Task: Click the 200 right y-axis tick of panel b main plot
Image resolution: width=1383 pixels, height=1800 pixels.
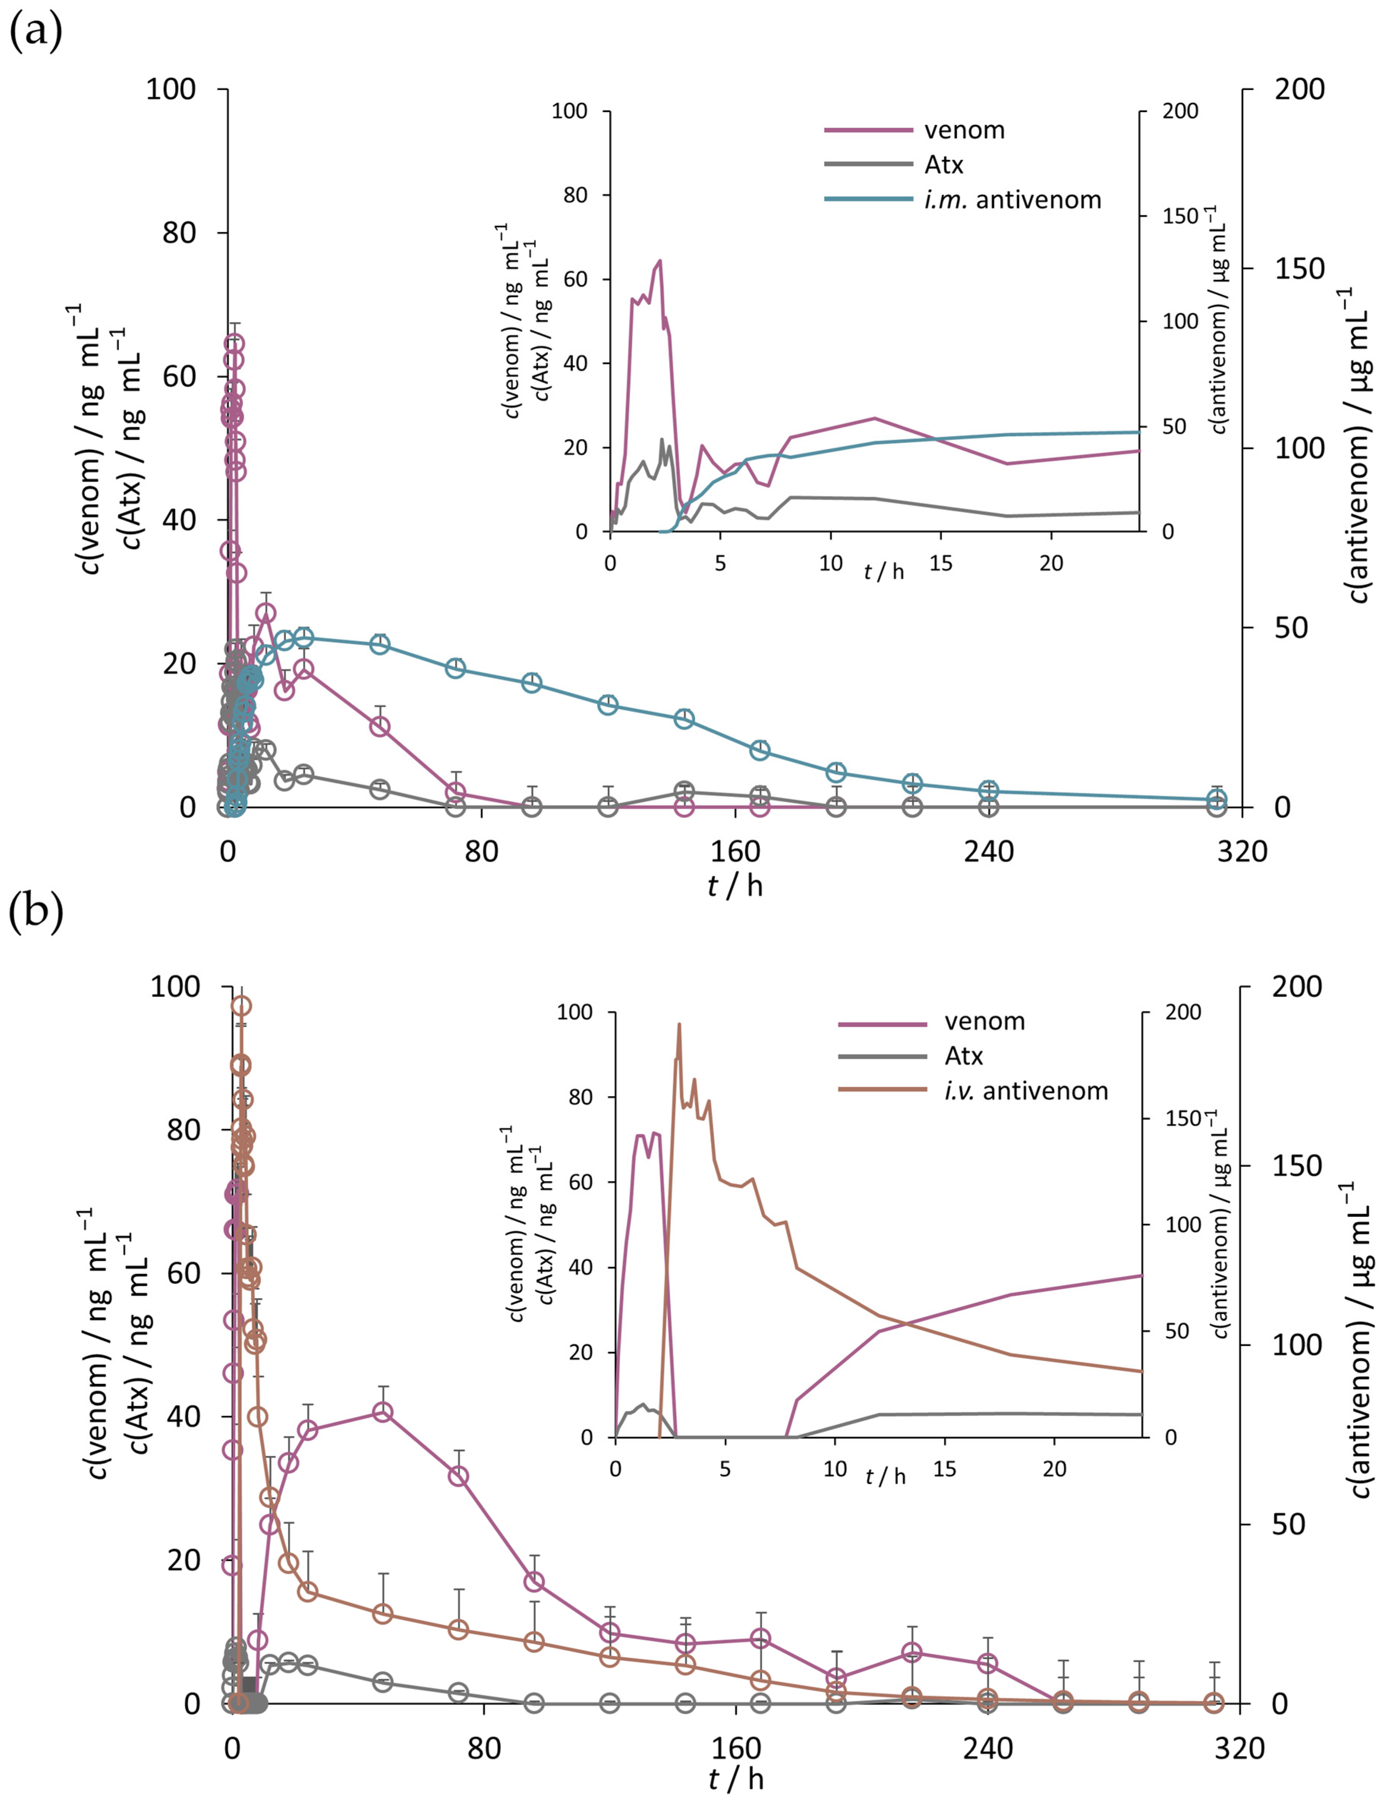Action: click(1296, 986)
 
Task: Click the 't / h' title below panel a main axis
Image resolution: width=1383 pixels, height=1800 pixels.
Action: click(735, 886)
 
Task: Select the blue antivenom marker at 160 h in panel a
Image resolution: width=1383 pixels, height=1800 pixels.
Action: click(760, 749)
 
